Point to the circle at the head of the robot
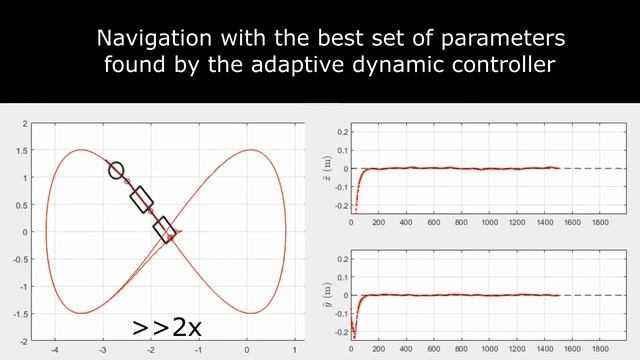116,170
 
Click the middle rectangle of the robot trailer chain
141,199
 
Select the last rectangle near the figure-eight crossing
165,230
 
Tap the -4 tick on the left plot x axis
54,351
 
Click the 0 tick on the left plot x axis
247,351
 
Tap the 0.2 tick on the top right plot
341,131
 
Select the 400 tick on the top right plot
406,221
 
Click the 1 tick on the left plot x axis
295,351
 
